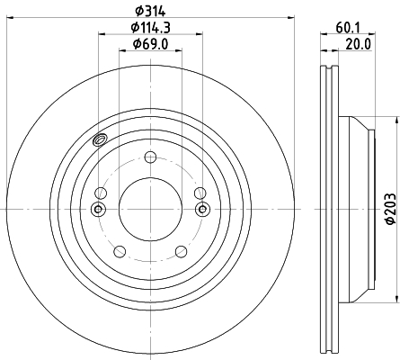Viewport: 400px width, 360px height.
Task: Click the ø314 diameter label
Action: tap(150, 11)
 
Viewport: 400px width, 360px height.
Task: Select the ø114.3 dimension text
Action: tap(151, 28)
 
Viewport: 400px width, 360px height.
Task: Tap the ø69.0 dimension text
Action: tap(151, 44)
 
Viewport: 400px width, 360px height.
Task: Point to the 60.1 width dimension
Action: tap(348, 28)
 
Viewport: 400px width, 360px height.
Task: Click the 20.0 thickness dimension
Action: tap(359, 44)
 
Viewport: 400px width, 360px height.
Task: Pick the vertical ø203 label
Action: tap(390, 209)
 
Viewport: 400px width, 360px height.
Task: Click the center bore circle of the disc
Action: tap(150, 209)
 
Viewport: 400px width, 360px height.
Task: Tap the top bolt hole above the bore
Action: tap(150, 157)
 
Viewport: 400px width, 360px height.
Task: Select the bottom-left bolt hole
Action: tap(120, 251)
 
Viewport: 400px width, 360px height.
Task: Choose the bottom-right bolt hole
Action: tap(182, 251)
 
